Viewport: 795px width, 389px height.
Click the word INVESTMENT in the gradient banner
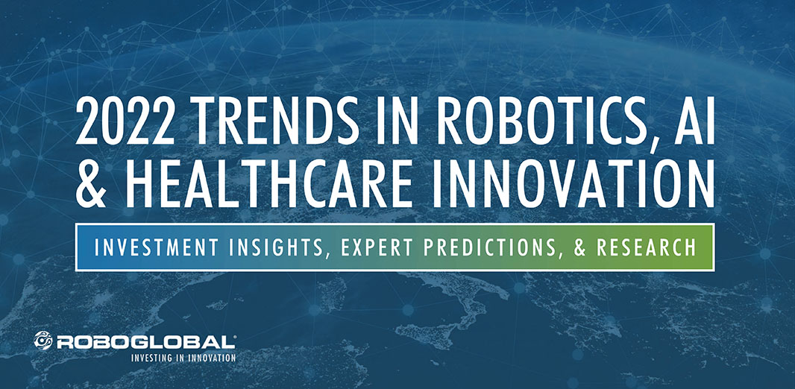[x=157, y=247]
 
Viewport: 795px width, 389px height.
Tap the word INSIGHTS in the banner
[x=280, y=247]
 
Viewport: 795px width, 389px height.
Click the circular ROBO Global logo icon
[x=43, y=341]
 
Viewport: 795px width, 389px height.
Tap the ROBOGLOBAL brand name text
[x=145, y=342]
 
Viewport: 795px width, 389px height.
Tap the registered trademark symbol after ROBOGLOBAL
[x=233, y=336]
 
